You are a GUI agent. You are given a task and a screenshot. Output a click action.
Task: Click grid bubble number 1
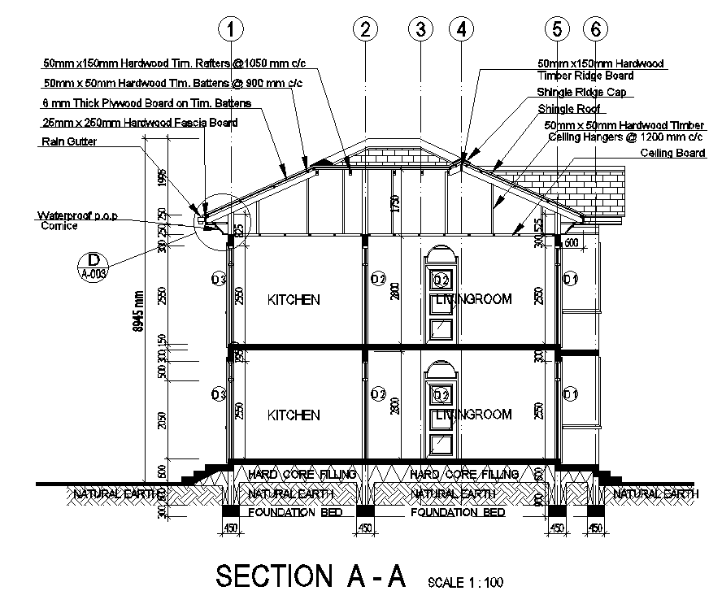[232, 30]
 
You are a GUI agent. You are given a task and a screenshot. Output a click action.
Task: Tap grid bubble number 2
[365, 30]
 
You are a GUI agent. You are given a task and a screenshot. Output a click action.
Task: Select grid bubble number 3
[420, 30]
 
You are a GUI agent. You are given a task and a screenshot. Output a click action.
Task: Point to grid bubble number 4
[462, 30]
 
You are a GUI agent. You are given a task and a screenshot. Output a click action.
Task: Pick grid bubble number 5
[557, 30]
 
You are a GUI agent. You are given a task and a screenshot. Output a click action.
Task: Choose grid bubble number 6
[595, 30]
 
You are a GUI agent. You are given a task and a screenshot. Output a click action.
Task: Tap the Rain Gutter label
[68, 142]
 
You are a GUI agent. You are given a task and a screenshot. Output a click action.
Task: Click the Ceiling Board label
[672, 153]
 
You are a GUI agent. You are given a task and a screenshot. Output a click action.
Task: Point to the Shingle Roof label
[568, 108]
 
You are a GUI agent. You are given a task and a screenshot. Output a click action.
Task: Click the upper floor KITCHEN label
[294, 300]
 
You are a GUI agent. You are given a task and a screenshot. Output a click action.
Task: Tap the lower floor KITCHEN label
[294, 415]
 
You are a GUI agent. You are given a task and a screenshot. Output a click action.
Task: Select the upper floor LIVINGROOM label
[474, 299]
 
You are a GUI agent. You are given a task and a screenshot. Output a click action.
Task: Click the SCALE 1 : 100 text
[465, 582]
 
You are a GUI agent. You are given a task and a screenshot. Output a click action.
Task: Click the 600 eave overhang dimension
[571, 242]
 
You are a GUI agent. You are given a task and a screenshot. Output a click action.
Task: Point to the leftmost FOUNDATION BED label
[294, 513]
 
